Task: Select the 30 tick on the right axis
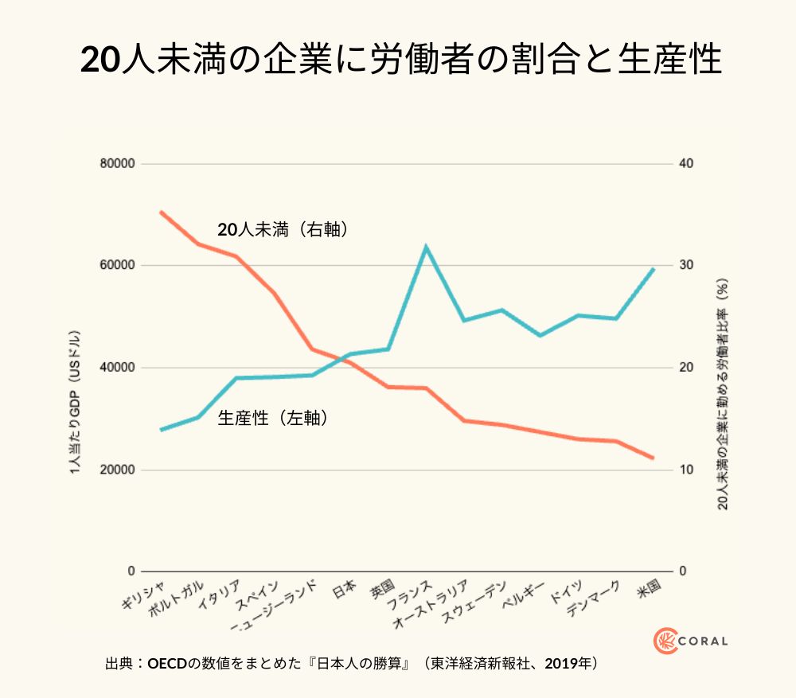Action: [685, 266]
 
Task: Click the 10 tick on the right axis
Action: [685, 470]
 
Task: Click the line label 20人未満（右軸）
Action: [283, 230]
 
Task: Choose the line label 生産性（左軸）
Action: [273, 417]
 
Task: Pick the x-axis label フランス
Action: [409, 596]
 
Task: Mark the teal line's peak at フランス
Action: [427, 247]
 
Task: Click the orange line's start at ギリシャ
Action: [161, 212]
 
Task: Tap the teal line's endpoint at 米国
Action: [654, 269]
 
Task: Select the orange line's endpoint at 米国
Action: [654, 458]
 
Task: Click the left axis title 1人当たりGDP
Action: [74, 402]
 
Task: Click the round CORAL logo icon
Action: [665, 641]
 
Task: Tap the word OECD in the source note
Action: [166, 663]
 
